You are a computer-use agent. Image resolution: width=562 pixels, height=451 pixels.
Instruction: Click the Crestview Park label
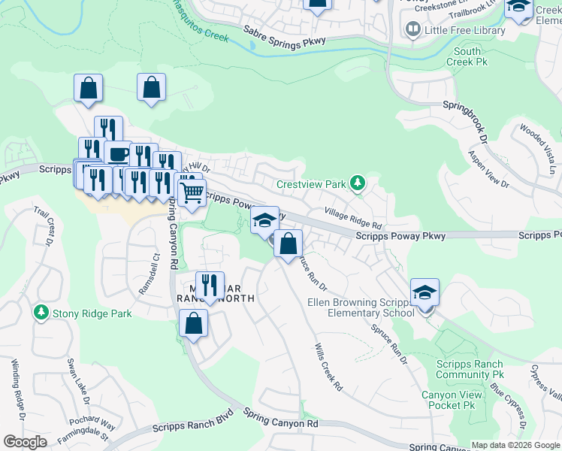click(311, 184)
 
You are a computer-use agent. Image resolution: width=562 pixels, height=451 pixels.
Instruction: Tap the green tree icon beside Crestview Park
click(358, 183)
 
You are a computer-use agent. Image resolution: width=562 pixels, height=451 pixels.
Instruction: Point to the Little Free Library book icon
click(412, 29)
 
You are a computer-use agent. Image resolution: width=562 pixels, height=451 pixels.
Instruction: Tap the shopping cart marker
click(192, 192)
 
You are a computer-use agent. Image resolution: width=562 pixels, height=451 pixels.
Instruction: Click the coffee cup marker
click(118, 155)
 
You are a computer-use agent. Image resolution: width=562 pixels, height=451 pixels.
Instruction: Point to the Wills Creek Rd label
click(328, 366)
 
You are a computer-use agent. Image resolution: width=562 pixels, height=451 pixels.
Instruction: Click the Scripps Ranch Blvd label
click(192, 422)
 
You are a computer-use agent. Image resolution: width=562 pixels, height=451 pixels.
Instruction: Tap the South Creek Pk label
click(467, 56)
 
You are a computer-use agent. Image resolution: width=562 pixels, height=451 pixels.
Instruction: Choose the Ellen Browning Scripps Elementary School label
click(361, 307)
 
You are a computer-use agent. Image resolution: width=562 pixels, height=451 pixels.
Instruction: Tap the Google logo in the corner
click(26, 442)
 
